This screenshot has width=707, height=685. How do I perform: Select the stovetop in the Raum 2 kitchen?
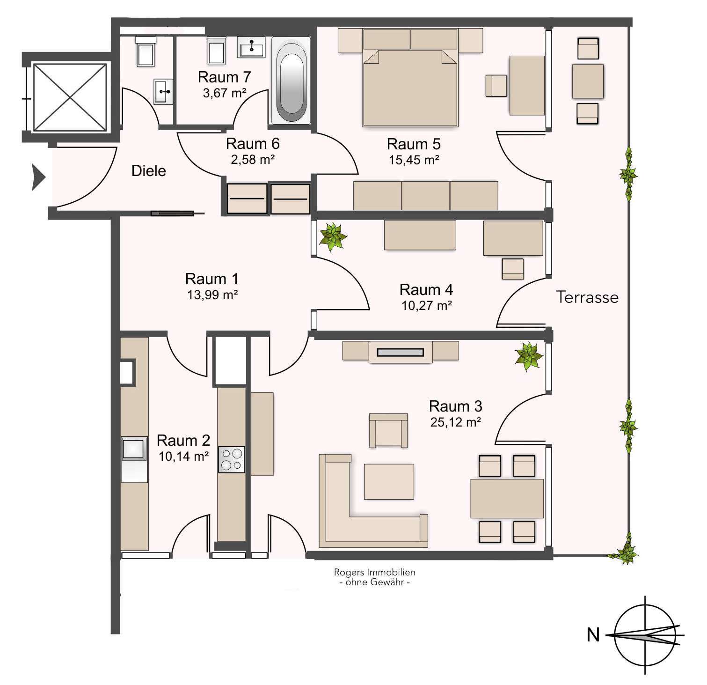point(231,459)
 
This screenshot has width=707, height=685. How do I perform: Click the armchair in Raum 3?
point(388,430)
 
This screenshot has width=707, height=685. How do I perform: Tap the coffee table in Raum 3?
point(389,481)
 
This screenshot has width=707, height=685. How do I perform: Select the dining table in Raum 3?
point(507,499)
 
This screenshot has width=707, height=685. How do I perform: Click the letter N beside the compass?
point(593,635)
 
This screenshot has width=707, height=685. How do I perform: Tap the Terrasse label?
point(587,297)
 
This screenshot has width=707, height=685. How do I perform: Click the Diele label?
point(149,171)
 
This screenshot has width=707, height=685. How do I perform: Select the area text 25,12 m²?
point(456,422)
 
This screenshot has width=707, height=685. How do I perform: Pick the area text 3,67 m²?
point(225,93)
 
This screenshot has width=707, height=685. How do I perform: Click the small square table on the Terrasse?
point(588,81)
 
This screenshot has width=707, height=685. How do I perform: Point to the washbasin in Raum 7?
point(252,47)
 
